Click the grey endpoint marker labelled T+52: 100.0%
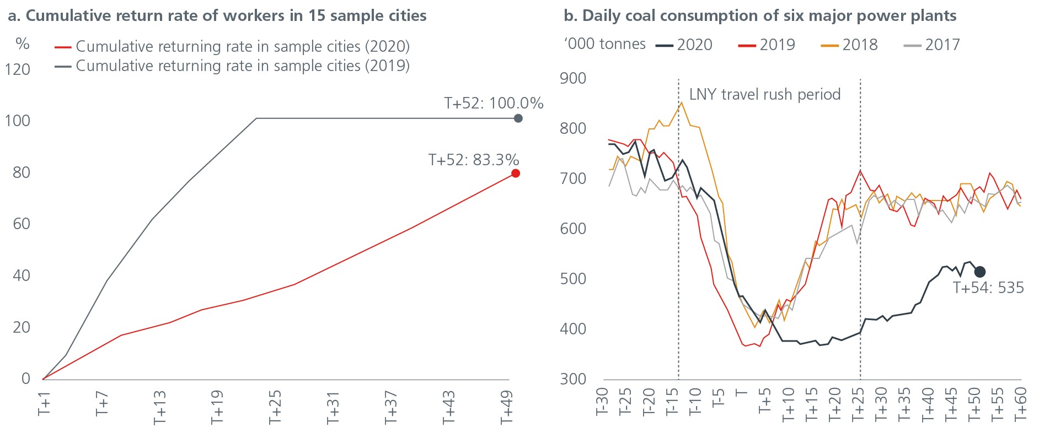pyautogui.click(x=518, y=118)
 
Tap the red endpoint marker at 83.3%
pyautogui.click(x=516, y=174)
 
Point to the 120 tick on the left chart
pyautogui.click(x=17, y=70)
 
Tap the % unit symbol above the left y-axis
pyautogui.click(x=23, y=44)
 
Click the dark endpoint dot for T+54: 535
pyautogui.click(x=979, y=272)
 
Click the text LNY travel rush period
pyautogui.click(x=764, y=95)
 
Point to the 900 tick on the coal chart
pyautogui.click(x=573, y=78)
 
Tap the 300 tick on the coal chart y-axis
pyautogui.click(x=573, y=379)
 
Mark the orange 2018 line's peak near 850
pyautogui.click(x=682, y=102)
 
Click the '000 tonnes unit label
pyautogui.click(x=604, y=44)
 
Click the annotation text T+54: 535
pyautogui.click(x=988, y=288)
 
